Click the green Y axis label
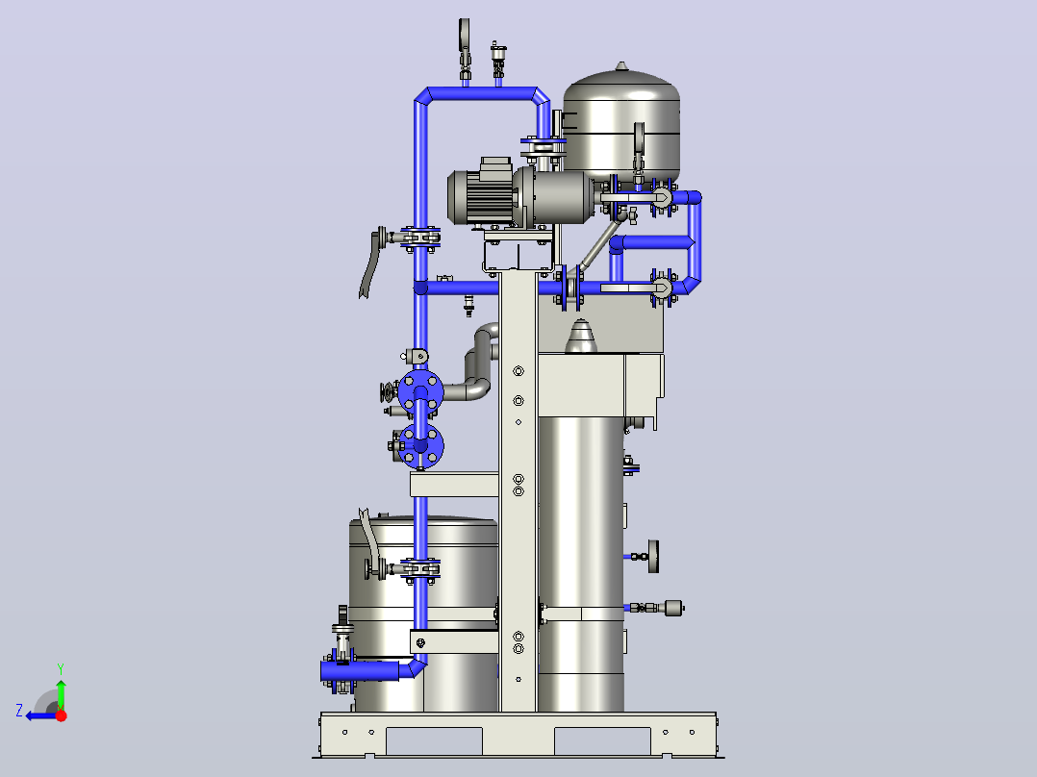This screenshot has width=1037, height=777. coord(61,669)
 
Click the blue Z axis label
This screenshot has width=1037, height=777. coord(19,711)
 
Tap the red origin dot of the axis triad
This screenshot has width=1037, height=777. coord(61,715)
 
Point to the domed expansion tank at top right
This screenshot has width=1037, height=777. coord(621,121)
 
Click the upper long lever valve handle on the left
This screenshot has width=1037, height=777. coord(372,263)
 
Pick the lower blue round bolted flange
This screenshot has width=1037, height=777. coord(420,446)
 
